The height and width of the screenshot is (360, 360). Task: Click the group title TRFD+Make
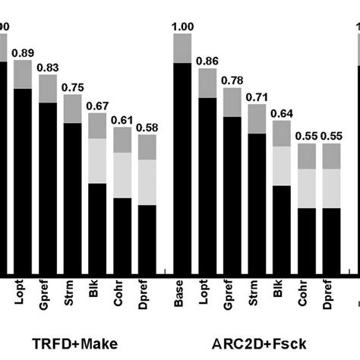pyautogui.click(x=74, y=344)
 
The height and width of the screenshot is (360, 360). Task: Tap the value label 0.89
pyautogui.click(x=23, y=52)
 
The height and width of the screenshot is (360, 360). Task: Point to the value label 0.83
pyautogui.click(x=49, y=67)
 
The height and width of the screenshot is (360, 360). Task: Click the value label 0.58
pyautogui.click(x=147, y=128)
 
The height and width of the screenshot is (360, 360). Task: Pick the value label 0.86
pyautogui.click(x=207, y=60)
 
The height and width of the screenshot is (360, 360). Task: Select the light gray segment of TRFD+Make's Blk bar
pyautogui.click(x=97, y=160)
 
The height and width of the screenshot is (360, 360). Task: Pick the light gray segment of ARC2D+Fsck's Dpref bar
pyautogui.click(x=333, y=188)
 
